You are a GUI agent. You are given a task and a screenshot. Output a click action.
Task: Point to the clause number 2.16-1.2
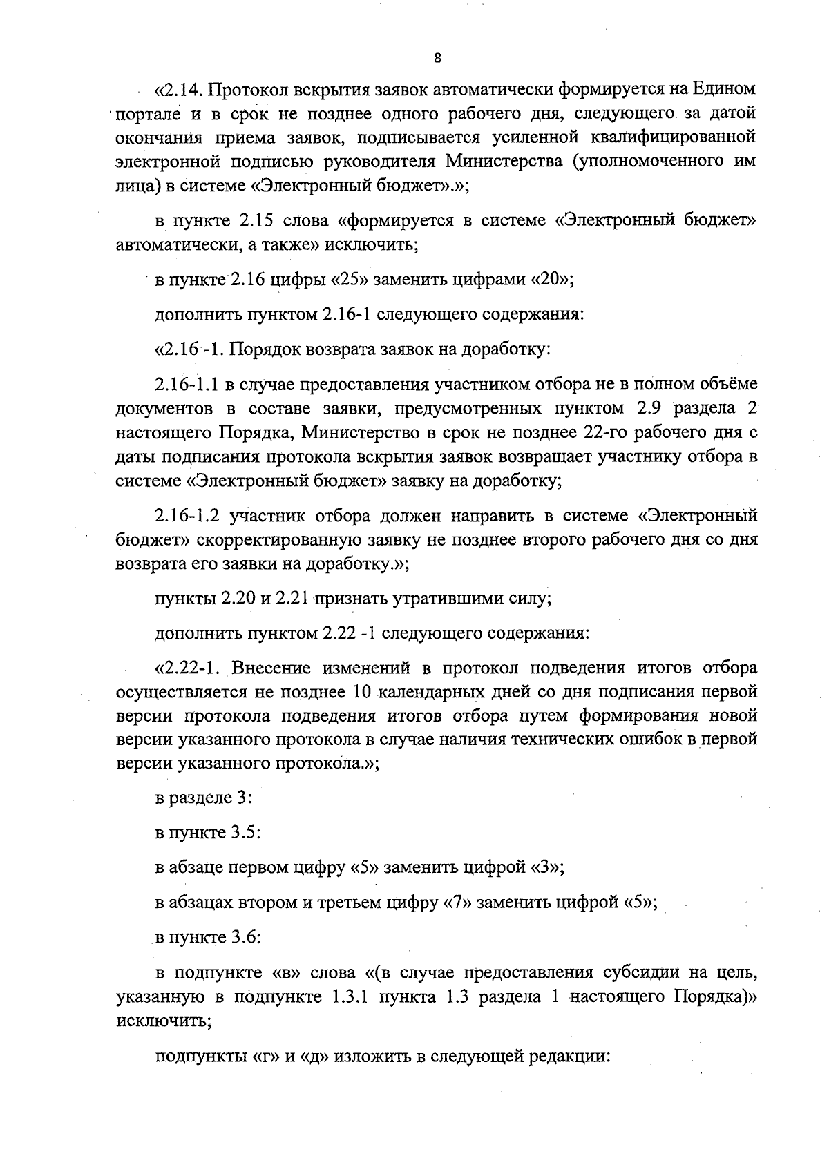point(188,516)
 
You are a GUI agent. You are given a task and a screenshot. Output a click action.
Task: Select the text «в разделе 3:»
point(204,798)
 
